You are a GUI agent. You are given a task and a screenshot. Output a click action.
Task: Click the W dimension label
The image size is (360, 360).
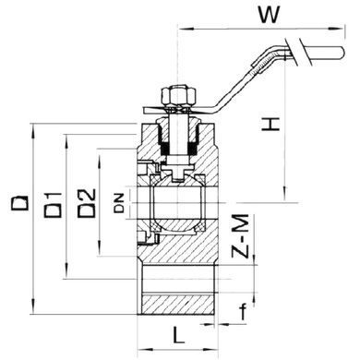tap(270, 15)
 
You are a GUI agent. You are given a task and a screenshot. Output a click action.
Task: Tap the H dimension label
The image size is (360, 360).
tap(270, 124)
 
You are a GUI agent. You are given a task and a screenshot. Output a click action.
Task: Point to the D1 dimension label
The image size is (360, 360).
tap(53, 205)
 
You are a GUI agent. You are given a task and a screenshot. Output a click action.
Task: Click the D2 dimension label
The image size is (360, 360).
tap(87, 203)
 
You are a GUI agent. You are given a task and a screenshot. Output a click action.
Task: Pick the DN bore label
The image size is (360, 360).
tap(119, 203)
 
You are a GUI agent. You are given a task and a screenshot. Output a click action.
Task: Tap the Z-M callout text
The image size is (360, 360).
tap(240, 236)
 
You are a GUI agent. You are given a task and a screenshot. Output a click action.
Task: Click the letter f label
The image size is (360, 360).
tap(244, 311)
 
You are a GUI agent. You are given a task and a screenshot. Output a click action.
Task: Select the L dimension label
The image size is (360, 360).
tap(178, 335)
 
